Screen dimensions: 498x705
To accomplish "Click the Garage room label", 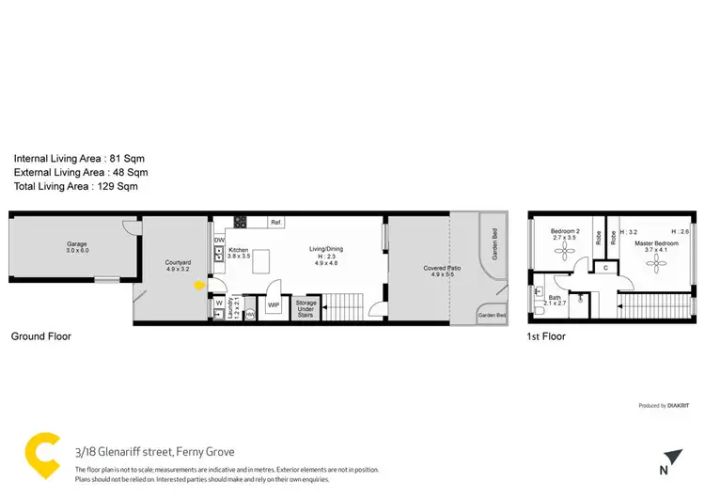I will [76, 247].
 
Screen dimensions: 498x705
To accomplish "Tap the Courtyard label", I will [178, 266].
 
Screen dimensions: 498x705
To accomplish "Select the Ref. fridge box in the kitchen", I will [275, 223].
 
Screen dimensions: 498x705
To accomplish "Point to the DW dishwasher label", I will [219, 240].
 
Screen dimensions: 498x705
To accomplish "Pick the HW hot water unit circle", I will [250, 313].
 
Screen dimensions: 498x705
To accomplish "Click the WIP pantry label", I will [274, 305].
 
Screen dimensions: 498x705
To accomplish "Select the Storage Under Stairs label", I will [305, 307].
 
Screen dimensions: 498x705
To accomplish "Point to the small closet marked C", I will [606, 268].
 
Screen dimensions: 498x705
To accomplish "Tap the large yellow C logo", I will [42, 456].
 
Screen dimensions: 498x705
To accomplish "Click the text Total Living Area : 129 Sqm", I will [75, 187].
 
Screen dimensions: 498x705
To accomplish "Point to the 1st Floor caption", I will [546, 336].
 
